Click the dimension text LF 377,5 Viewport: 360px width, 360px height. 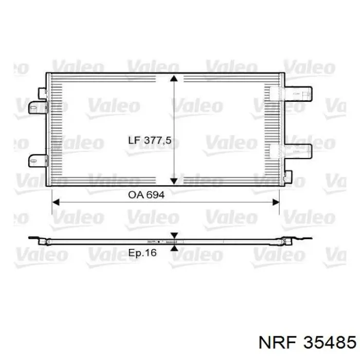(150, 140)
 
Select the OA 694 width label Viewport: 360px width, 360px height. (146, 195)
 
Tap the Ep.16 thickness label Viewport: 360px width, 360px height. (142, 253)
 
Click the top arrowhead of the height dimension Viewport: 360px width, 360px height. (174, 78)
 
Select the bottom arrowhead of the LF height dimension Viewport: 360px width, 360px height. (174, 181)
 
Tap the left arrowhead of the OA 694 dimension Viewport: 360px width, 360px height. (56, 202)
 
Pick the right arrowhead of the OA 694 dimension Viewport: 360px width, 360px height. (276, 202)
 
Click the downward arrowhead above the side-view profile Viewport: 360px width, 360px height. (174, 236)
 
